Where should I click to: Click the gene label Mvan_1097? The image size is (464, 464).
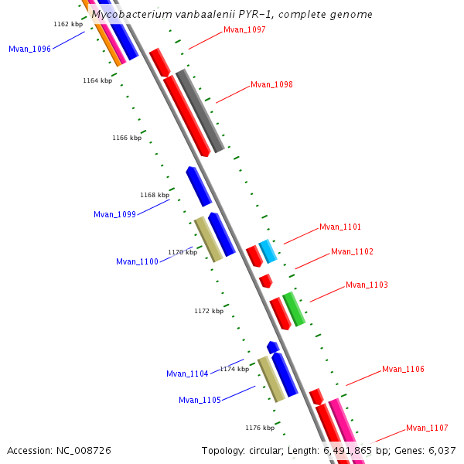[244, 30]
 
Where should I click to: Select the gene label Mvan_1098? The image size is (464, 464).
[271, 85]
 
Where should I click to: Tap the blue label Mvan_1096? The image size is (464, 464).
[29, 49]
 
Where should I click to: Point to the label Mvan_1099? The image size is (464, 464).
[114, 215]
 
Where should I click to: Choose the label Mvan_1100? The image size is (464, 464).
[137, 262]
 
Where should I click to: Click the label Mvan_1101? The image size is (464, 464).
[340, 227]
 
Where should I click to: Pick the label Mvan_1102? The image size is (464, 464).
[352, 252]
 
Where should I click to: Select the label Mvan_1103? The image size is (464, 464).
[367, 285]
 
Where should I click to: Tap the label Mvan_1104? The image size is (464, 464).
[187, 374]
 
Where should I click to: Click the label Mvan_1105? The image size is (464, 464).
[200, 401]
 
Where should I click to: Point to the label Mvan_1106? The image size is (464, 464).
[403, 370]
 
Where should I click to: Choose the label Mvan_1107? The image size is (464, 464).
[427, 428]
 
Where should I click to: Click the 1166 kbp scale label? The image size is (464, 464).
[127, 138]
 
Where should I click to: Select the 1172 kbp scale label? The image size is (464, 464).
[209, 311]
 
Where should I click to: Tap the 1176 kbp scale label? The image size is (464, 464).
[260, 428]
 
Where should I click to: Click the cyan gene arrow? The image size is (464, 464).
[268, 251]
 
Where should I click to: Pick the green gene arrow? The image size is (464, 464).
[294, 309]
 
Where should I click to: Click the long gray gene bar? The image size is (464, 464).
[200, 111]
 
